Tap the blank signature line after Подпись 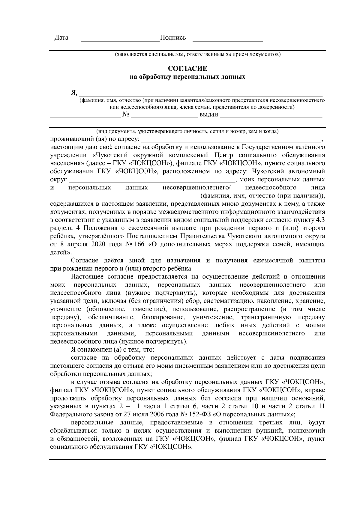(227, 40)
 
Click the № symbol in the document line (126, 115)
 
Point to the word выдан (209, 115)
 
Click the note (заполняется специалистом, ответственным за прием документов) (198, 55)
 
